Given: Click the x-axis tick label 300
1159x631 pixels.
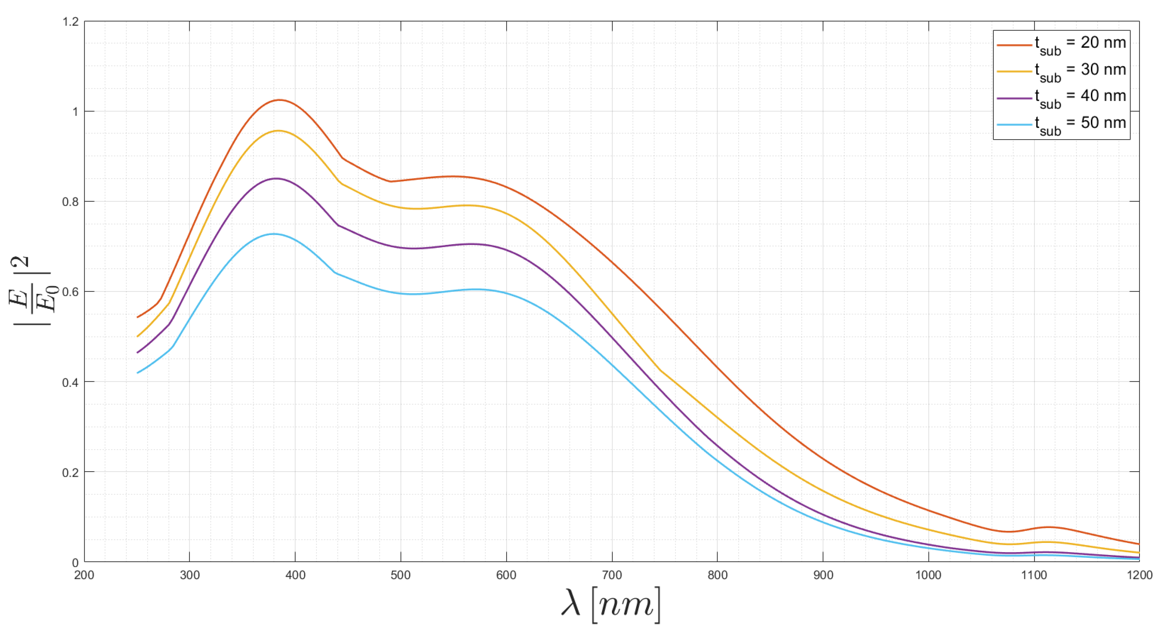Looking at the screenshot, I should pyautogui.click(x=190, y=575).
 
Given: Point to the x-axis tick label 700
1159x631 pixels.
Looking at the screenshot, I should pyautogui.click(x=612, y=575).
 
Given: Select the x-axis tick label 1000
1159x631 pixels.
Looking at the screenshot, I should pyautogui.click(x=928, y=575).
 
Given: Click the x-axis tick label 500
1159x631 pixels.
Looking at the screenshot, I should pyautogui.click(x=400, y=575).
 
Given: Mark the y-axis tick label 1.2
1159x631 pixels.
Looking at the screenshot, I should pyautogui.click(x=70, y=22).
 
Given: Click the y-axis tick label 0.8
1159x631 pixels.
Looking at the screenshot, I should pyautogui.click(x=70, y=202).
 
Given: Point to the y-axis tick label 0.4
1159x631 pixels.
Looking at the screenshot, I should pyautogui.click(x=70, y=382).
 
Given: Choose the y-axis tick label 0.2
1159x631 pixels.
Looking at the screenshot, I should pyautogui.click(x=70, y=473).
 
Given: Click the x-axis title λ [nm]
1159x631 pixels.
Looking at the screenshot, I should pyautogui.click(x=611, y=605).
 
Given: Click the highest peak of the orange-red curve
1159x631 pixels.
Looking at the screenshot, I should pyautogui.click(x=279, y=100).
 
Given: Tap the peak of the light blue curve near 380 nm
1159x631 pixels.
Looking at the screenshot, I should pyautogui.click(x=274, y=234).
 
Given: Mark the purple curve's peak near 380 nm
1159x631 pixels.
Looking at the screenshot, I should pyautogui.click(x=276, y=178).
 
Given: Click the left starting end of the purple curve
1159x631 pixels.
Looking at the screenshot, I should pyautogui.click(x=138, y=353).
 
